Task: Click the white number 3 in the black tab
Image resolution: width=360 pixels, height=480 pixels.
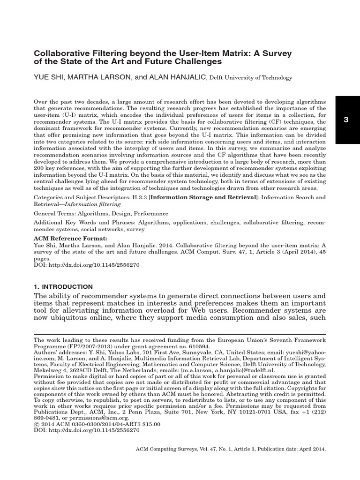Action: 346,120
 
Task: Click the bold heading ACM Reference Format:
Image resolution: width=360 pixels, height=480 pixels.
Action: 66,238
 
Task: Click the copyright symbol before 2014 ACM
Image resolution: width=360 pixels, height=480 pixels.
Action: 37,423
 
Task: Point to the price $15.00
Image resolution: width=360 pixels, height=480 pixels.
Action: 150,423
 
